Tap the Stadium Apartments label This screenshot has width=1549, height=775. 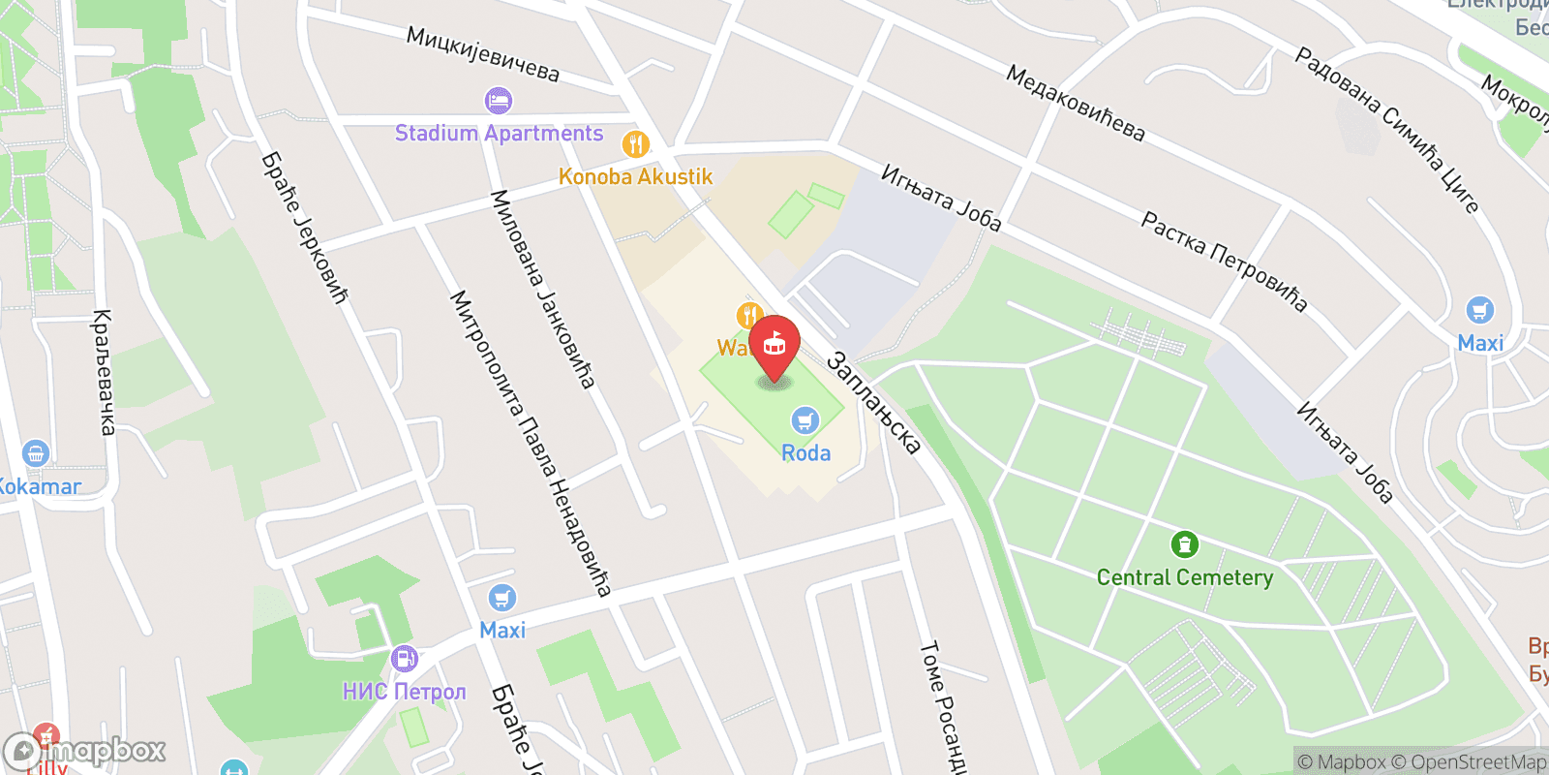click(499, 134)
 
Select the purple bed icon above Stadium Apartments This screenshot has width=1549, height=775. click(499, 100)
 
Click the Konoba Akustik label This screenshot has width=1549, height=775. click(635, 176)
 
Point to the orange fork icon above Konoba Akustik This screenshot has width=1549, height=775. click(635, 145)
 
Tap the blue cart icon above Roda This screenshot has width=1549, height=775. click(805, 421)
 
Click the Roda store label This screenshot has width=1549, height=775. click(805, 452)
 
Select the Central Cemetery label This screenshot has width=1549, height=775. click(1184, 577)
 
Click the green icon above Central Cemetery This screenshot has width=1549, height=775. click(1184, 544)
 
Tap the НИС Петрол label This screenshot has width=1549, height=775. click(404, 691)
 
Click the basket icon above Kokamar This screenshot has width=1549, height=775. click(36, 453)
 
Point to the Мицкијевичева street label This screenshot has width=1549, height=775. click(482, 54)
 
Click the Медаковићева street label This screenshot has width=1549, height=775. click(1075, 104)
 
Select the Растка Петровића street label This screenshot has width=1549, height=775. click(1224, 262)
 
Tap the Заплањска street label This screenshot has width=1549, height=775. click(872, 404)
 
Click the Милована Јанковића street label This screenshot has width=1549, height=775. click(542, 289)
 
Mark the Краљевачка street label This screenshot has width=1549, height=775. click(103, 372)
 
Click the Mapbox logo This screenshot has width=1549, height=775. click(85, 751)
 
